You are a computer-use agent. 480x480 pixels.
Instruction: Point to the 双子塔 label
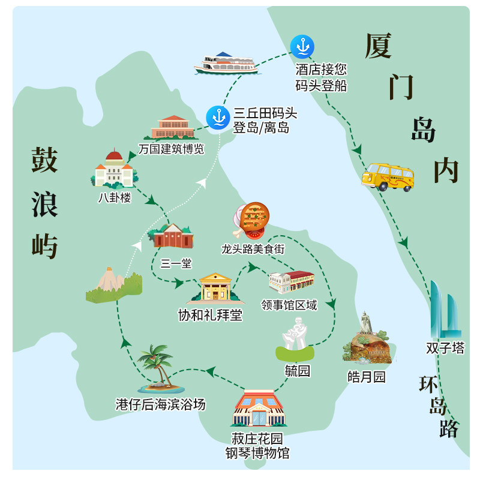(445, 348)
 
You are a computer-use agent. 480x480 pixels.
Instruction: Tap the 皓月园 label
(367, 377)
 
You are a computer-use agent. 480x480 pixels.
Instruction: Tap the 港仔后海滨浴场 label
(160, 404)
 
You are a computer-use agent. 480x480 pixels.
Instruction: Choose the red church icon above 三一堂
(173, 237)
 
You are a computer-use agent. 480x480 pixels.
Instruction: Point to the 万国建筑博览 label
(171, 149)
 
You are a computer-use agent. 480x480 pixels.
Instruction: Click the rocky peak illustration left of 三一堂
(112, 285)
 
